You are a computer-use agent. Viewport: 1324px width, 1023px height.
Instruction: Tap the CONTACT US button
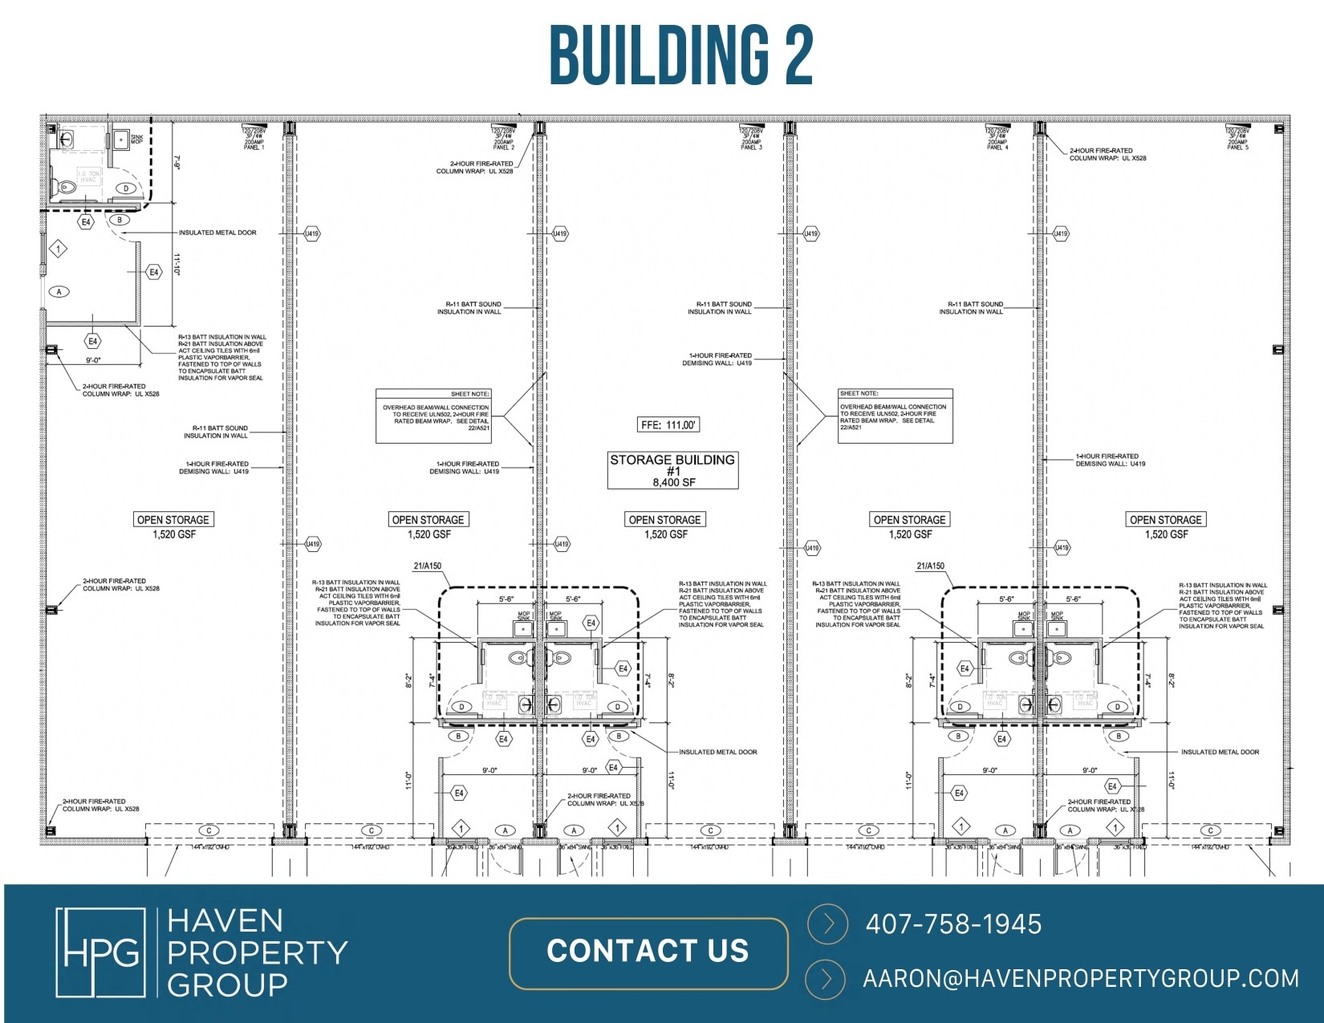[648, 952]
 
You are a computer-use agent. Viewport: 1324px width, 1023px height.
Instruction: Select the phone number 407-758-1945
[953, 924]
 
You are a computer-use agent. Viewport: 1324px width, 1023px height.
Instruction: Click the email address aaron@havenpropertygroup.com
[1080, 979]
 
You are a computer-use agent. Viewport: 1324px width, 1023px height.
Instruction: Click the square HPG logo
[100, 952]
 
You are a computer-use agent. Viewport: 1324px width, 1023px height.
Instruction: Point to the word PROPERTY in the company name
[257, 952]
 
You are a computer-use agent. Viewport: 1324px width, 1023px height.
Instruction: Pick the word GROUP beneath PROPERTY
[227, 984]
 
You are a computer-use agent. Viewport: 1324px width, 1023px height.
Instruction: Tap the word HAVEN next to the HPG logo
[225, 920]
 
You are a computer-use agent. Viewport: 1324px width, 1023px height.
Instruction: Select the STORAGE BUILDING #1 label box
[672, 470]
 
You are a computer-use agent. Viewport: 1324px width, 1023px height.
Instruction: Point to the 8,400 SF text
[673, 482]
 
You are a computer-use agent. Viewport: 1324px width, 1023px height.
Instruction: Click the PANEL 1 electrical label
[254, 148]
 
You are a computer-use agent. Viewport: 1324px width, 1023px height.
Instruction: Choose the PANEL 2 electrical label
[503, 148]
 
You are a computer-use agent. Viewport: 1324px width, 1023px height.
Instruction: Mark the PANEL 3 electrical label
[751, 148]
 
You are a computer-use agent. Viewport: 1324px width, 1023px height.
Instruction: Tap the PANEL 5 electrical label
[1237, 148]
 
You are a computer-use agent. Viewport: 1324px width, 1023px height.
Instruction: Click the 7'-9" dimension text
[177, 163]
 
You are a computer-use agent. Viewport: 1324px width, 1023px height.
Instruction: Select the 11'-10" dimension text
[177, 265]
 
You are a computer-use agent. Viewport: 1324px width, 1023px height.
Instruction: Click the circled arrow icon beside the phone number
[827, 924]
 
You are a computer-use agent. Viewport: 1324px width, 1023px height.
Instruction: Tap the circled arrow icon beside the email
[827, 979]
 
